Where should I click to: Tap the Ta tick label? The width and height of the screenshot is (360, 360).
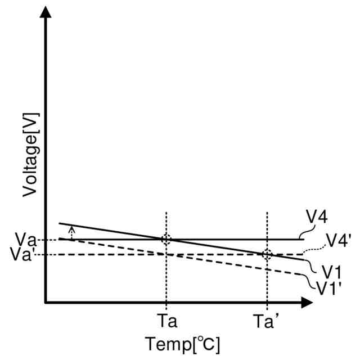[167, 322]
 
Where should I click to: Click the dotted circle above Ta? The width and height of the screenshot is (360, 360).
[166, 239]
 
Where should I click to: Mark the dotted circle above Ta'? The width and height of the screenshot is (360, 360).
[267, 254]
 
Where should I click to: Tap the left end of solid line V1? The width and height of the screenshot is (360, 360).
[60, 224]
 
